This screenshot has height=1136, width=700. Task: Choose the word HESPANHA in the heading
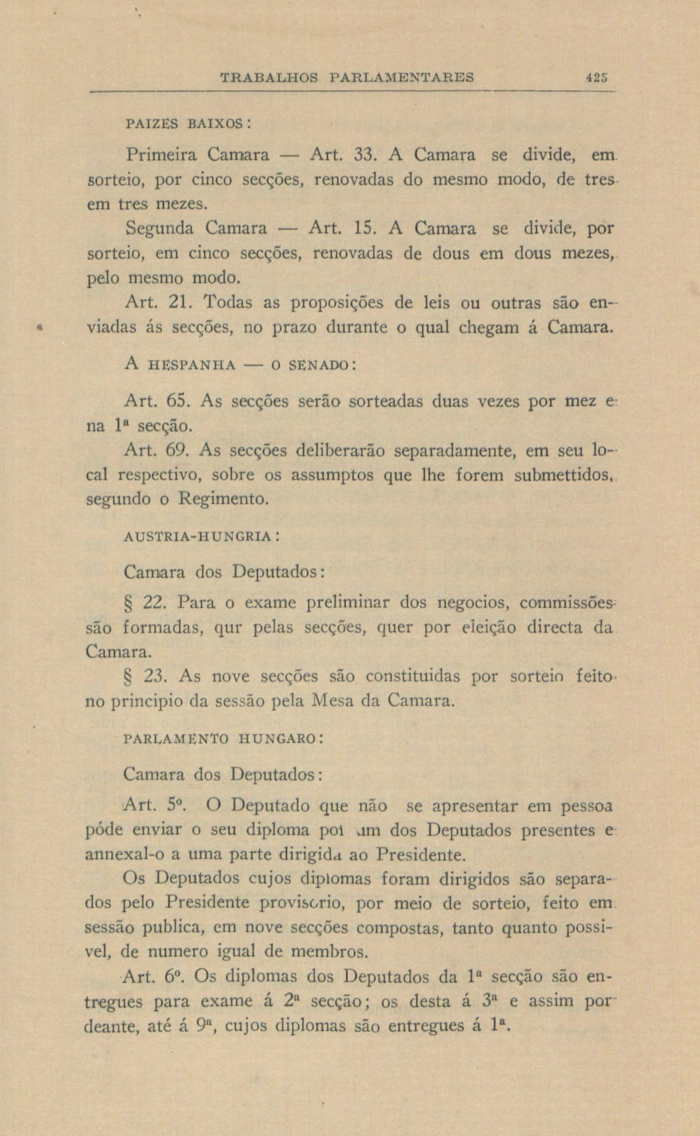coord(190,366)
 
